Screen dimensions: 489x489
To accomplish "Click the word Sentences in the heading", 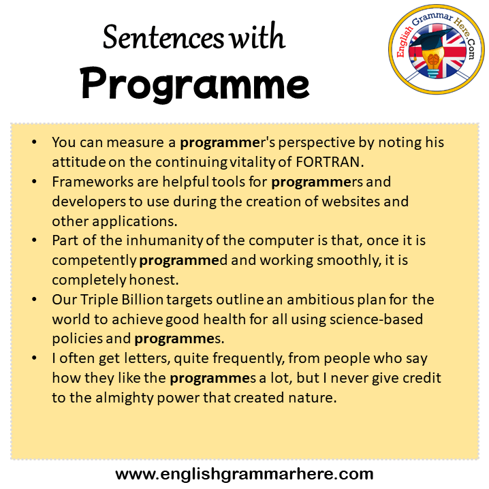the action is coord(163,37).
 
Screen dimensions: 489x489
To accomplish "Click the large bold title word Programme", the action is coord(195,84).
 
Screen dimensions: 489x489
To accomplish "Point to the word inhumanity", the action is coord(164,241).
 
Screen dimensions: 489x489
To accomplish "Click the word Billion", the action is coord(142,300).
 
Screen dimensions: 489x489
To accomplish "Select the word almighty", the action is coord(125,398).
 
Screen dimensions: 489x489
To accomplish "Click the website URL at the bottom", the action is coord(245,474).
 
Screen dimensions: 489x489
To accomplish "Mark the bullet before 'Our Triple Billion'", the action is coord(34,300).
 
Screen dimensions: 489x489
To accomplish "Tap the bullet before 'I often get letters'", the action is coord(34,358).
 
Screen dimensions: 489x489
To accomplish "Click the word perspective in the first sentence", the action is coord(316,143).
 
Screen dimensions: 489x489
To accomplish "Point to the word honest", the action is coord(154,280).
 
